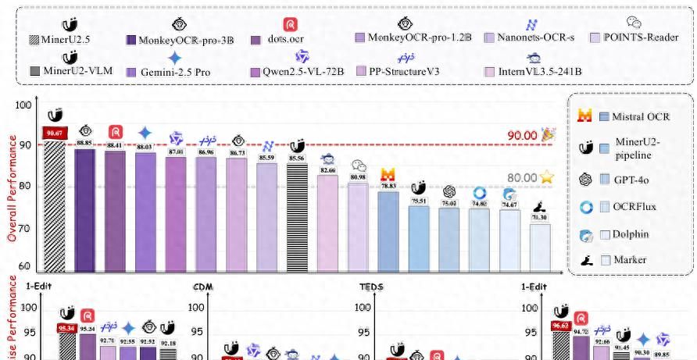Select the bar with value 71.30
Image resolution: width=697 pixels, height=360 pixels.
click(x=539, y=248)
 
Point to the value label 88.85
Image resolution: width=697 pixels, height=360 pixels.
click(x=85, y=143)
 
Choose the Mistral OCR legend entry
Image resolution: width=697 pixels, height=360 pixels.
click(x=625, y=117)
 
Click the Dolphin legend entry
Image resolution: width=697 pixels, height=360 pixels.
click(x=625, y=233)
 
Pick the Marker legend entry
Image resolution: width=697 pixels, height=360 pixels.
click(x=625, y=260)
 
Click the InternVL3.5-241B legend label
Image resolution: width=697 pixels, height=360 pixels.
click(x=540, y=72)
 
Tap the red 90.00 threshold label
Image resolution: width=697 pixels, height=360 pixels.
click(x=523, y=136)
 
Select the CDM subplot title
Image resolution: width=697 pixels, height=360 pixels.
click(x=202, y=287)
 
